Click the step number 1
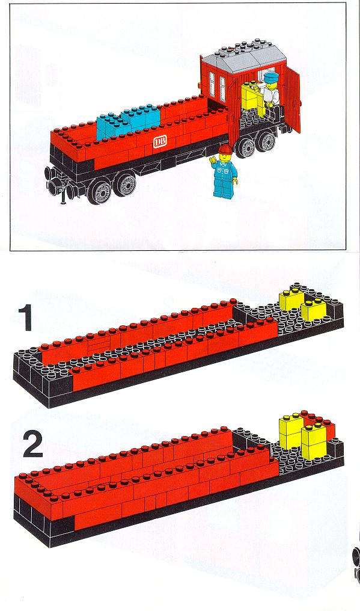25,318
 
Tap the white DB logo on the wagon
160,143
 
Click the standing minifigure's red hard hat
225,149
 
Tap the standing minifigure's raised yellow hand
213,159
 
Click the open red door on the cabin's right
291,99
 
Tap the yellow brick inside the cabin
251,96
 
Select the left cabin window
212,82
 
